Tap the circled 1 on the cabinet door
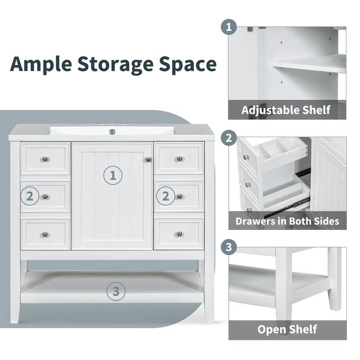pyautogui.click(x=113, y=175)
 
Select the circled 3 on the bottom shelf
pyautogui.click(x=116, y=291)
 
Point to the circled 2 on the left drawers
pyautogui.click(x=30, y=196)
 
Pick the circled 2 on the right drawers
pyautogui.click(x=166, y=196)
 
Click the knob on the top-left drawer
pyautogui.click(x=45, y=159)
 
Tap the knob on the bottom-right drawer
pyautogui.click(x=180, y=234)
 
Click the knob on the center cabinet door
pyautogui.click(x=148, y=160)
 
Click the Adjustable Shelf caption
pyautogui.click(x=286, y=110)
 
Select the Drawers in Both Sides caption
pyautogui.click(x=287, y=221)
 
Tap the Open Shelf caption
pyautogui.click(x=287, y=329)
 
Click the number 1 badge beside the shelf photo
pyautogui.click(x=229, y=27)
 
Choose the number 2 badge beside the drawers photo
pyautogui.click(x=229, y=138)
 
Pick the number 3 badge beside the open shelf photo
pyautogui.click(x=229, y=247)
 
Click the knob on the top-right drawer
pyautogui.click(x=180, y=159)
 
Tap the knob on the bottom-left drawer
pyautogui.click(x=45, y=234)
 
